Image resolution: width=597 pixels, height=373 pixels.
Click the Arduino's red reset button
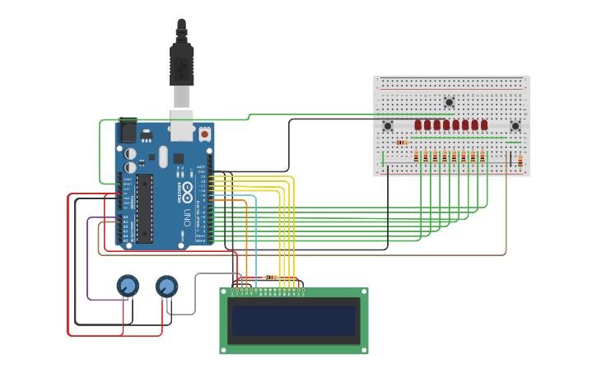point(204,133)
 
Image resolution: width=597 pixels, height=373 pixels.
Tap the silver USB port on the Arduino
point(182,121)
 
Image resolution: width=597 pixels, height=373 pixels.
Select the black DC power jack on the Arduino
point(128,131)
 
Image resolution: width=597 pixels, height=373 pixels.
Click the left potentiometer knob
point(127,286)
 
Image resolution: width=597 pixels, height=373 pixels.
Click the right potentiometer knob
point(166,286)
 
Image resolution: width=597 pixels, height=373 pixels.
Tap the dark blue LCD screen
point(294,320)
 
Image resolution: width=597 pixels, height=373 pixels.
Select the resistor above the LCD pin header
point(270,277)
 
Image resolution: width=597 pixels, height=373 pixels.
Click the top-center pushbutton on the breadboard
point(449,103)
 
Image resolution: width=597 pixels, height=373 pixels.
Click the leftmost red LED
point(418,125)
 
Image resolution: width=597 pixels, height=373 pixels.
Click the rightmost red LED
point(484,125)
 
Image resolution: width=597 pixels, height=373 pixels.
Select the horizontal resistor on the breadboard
point(402,142)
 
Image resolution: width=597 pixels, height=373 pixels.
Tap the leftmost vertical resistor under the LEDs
point(417,156)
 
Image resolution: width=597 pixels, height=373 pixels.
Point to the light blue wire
point(255,239)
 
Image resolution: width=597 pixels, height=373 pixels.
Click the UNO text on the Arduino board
point(187,218)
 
